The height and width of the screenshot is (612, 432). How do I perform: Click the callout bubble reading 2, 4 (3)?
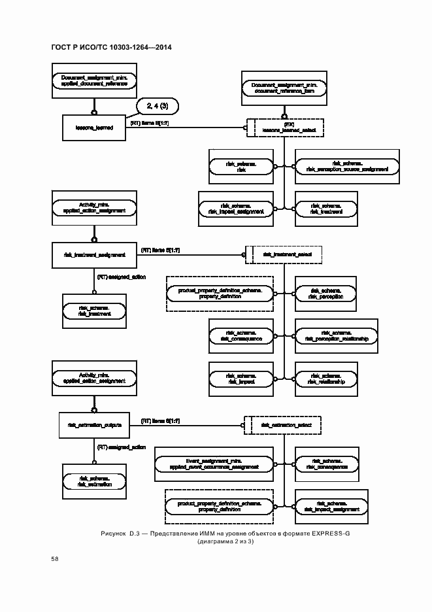pyautogui.click(x=157, y=105)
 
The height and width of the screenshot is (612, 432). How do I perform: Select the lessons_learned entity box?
pyautogui.click(x=93, y=127)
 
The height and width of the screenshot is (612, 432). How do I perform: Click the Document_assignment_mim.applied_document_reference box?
pyautogui.click(x=93, y=80)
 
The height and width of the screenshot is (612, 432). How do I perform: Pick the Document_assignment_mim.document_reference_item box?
pyautogui.click(x=284, y=88)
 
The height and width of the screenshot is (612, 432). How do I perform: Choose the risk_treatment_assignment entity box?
pyautogui.click(x=93, y=254)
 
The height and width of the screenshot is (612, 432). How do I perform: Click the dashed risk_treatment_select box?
pyautogui.click(x=284, y=254)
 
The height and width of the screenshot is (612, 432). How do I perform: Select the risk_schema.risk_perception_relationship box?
pyautogui.click(x=336, y=336)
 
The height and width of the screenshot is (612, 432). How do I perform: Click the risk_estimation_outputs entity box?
pyautogui.click(x=93, y=424)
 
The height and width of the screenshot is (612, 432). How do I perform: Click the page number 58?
pyautogui.click(x=55, y=559)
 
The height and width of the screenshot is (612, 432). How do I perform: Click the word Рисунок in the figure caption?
pyautogui.click(x=115, y=534)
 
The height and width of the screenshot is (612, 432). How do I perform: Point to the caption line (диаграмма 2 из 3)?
pyautogui.click(x=225, y=542)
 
